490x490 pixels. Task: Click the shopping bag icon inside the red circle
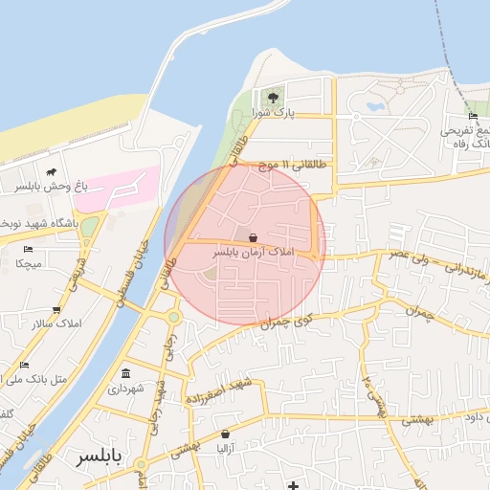pos(253,236)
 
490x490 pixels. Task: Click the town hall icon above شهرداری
pos(127,372)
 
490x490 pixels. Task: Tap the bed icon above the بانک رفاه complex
pos(473,116)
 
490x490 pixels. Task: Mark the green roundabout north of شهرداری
pos(173,317)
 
